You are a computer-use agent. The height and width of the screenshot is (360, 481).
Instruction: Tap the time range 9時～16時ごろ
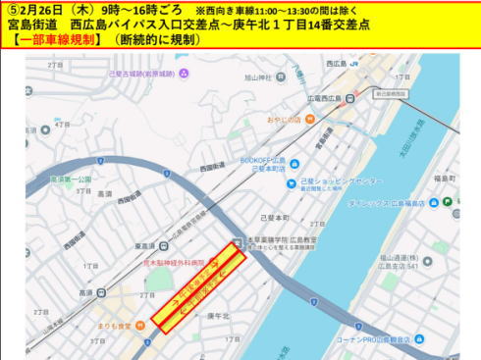tap(139, 9)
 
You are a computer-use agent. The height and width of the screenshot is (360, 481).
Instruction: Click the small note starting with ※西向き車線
tap(275, 9)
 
